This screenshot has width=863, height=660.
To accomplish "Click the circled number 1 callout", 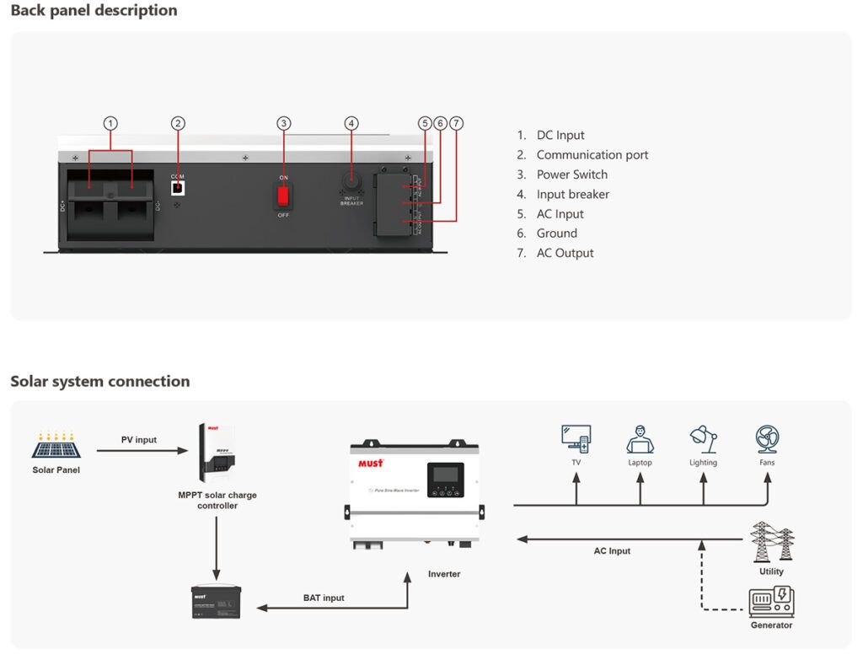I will pyautogui.click(x=110, y=123).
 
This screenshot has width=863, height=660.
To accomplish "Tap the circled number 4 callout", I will pyautogui.click(x=351, y=123).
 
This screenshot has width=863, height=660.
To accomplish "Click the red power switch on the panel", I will pyautogui.click(x=284, y=196).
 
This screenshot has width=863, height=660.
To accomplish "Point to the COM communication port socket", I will pyautogui.click(x=178, y=186).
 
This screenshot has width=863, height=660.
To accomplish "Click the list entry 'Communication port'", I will pyautogui.click(x=592, y=155).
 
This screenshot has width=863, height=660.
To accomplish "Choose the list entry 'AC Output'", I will pyautogui.click(x=565, y=253).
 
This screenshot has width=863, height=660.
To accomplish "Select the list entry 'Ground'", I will pyautogui.click(x=556, y=233).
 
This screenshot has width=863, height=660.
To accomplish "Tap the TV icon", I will pyautogui.click(x=576, y=439).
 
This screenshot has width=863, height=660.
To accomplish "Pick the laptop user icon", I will pyautogui.click(x=640, y=439).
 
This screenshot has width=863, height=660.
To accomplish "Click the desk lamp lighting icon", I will pyautogui.click(x=703, y=439).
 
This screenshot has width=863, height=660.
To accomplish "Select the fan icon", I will pyautogui.click(x=767, y=439).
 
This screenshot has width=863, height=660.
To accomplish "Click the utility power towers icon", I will pyautogui.click(x=772, y=542).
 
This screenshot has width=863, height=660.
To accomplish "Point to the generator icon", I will pyautogui.click(x=771, y=602).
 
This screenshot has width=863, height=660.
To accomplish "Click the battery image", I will pyautogui.click(x=216, y=602).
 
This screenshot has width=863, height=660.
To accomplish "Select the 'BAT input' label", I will pyautogui.click(x=324, y=598).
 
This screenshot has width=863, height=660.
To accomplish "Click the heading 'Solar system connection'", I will pyautogui.click(x=99, y=381).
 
